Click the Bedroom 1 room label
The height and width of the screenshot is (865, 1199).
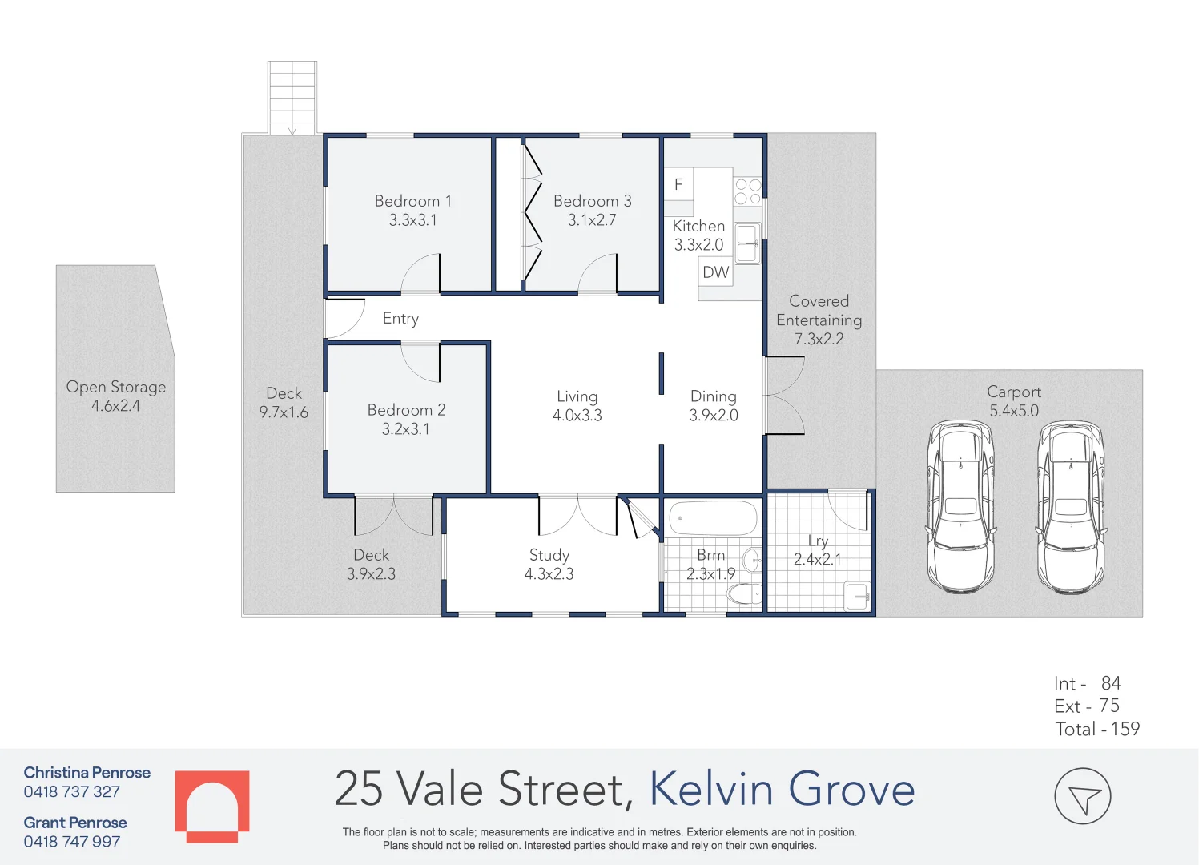coord(412,201)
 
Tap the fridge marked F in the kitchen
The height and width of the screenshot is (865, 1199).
coord(678,184)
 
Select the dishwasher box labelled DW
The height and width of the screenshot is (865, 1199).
coord(715,272)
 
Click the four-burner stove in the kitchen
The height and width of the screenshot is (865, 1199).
coord(747,191)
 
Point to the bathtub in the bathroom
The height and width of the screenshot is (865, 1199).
coord(712,518)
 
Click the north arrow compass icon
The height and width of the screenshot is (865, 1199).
coord(1082,796)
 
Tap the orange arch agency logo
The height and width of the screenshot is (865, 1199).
coord(212,806)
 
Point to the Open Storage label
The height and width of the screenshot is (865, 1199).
coord(116,387)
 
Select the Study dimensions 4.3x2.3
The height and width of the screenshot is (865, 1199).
coord(549,574)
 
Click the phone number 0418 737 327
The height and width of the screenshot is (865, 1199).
coord(72,792)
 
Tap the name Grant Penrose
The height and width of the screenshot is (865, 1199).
coord(75,823)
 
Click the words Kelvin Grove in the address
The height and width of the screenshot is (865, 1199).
coord(782,789)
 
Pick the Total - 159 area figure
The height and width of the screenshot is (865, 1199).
coord(1097,729)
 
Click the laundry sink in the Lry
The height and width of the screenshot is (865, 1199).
coord(858,595)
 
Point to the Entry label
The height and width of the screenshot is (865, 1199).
coord(400,319)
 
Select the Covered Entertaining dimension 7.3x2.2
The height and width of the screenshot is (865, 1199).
coord(819,340)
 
